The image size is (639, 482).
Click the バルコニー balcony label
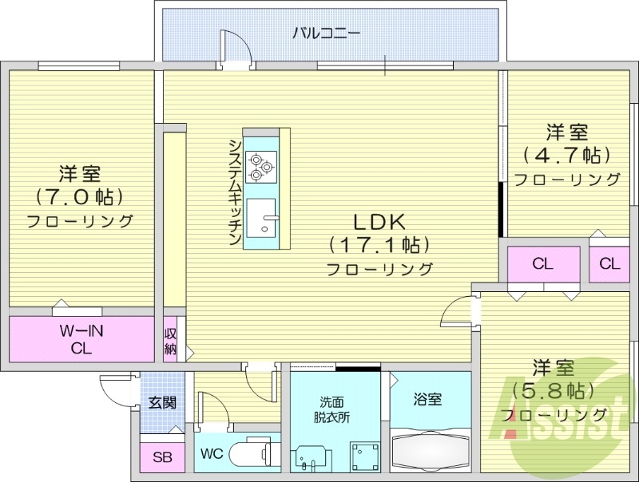325,33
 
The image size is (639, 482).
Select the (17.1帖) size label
379,244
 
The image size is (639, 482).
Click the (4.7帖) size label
566,154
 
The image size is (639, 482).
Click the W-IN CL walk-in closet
81,339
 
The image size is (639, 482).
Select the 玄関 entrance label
162,403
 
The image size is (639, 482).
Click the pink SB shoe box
162,457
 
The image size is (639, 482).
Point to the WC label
211,455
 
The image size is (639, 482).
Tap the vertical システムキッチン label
235,192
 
